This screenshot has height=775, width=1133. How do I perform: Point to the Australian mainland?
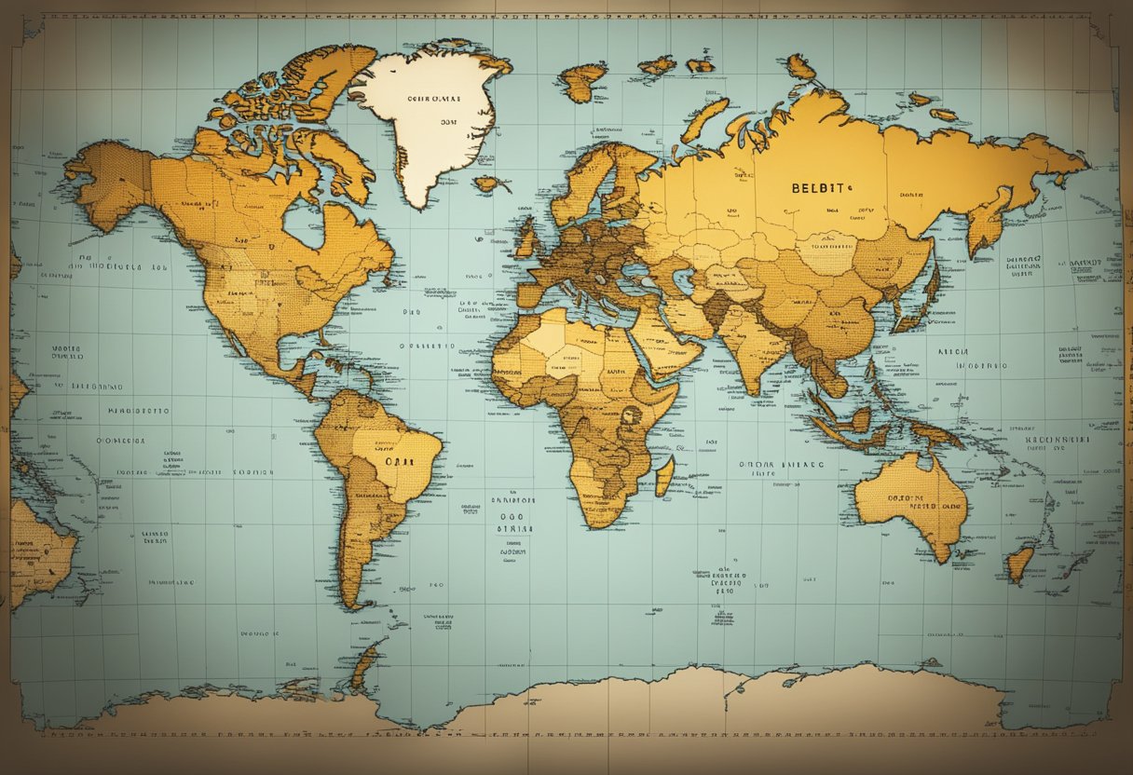pos(908,503)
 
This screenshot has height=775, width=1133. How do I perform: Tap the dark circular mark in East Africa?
pos(631,416)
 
